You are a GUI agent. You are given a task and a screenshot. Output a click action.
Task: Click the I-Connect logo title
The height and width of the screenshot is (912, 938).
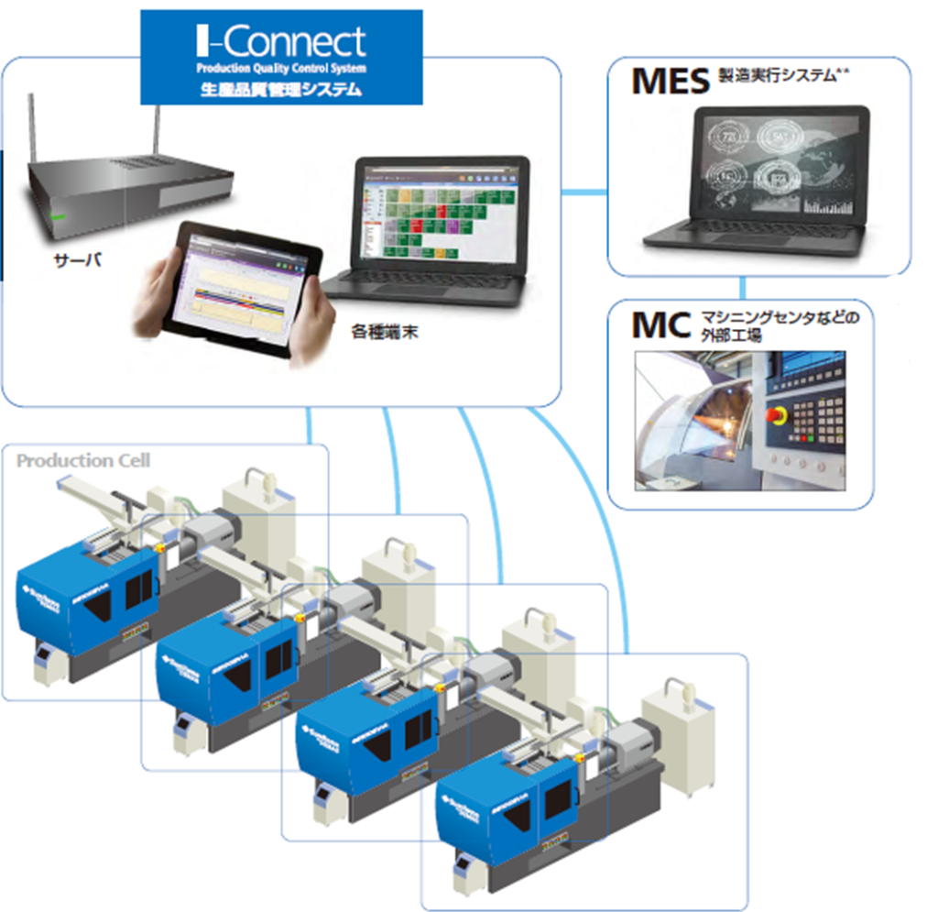(x=280, y=40)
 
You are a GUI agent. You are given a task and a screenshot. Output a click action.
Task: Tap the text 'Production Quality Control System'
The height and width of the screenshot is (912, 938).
(x=280, y=69)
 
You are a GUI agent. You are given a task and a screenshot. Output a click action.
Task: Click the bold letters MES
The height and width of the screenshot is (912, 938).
(x=671, y=82)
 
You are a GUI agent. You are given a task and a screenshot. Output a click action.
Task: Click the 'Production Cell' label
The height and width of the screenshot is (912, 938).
(x=83, y=460)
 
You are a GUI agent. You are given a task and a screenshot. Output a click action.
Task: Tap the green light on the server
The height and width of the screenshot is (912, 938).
(x=59, y=216)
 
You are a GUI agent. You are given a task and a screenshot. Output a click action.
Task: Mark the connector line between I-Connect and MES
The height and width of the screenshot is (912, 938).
(x=584, y=192)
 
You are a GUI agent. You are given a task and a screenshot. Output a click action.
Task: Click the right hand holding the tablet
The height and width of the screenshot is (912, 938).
(x=311, y=321)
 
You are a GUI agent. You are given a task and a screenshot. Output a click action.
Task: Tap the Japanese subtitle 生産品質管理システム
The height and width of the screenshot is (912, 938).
(x=280, y=90)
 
